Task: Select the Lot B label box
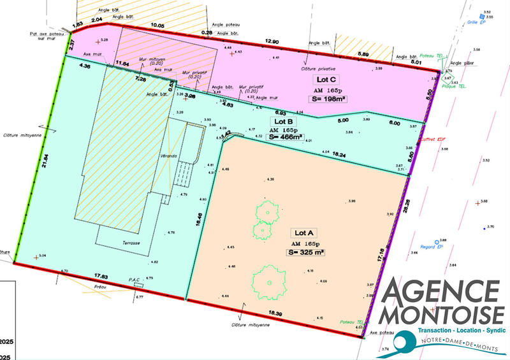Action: pyautogui.click(x=283, y=121)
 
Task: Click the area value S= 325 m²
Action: pyautogui.click(x=305, y=252)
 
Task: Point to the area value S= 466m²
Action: pyautogui.click(x=286, y=136)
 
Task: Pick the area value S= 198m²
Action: pyautogui.click(x=326, y=99)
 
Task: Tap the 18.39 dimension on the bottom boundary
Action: pyautogui.click(x=275, y=314)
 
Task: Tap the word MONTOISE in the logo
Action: pyautogui.click(x=441, y=315)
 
